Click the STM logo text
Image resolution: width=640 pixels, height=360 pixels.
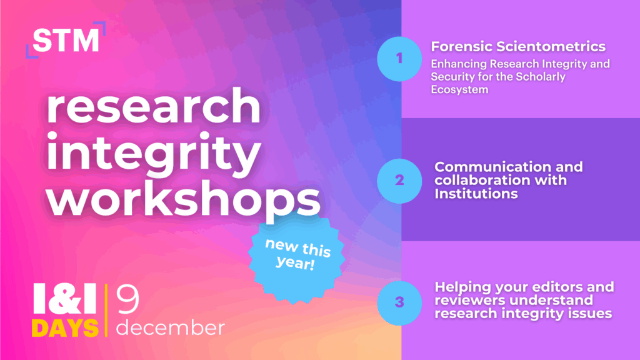[66, 40]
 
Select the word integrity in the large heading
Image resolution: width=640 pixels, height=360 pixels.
[154, 153]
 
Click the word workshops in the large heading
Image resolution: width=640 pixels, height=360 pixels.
[183, 197]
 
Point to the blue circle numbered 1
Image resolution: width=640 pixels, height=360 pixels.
[399, 59]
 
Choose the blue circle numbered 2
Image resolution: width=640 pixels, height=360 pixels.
[399, 181]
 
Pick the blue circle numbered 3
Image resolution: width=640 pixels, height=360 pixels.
[399, 303]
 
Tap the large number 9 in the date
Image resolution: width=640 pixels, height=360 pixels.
[127, 299]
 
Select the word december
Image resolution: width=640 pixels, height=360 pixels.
[171, 327]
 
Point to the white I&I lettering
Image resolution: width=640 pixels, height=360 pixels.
[65, 299]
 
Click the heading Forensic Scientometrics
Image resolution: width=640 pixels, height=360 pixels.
[518, 46]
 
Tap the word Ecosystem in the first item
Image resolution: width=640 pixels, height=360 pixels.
[459, 89]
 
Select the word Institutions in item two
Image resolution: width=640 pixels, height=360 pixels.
[476, 194]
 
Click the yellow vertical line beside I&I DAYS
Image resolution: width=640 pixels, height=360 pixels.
[106, 310]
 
